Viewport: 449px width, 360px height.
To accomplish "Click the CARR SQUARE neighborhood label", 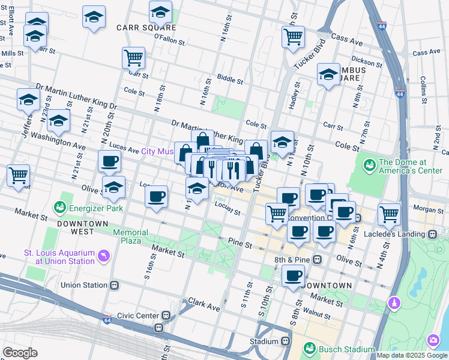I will click(146, 28).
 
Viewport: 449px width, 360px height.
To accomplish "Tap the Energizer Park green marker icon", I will click(60, 208).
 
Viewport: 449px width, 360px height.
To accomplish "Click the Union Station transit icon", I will click(113, 285).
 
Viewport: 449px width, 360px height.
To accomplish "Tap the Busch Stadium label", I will click(339, 347).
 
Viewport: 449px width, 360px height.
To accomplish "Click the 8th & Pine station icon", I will click(316, 260).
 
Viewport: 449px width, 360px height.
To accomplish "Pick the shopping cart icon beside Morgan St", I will click(389, 214).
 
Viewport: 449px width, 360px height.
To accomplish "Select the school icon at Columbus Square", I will click(328, 75).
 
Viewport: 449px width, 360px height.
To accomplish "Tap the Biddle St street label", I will click(230, 79).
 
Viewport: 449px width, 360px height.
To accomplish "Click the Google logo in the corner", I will click(20, 353).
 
